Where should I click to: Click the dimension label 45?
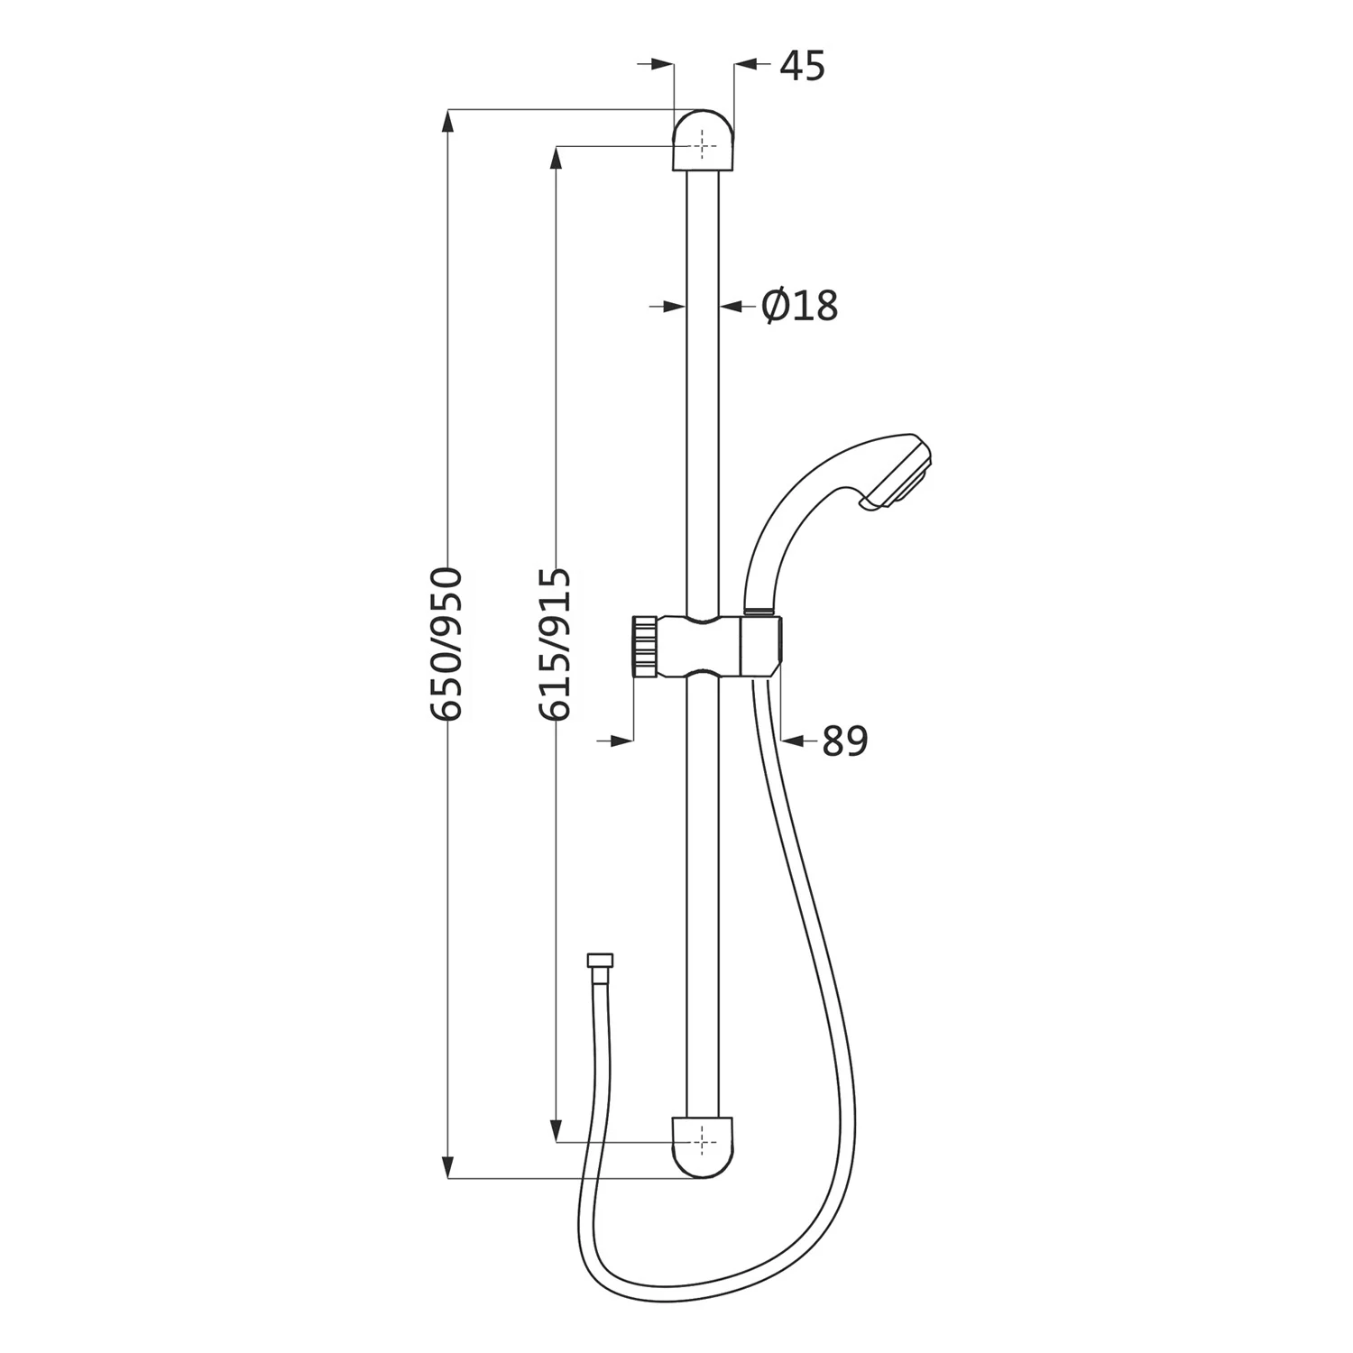pos(802,66)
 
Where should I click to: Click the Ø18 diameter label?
pos(799,306)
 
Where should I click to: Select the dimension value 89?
pos(844,741)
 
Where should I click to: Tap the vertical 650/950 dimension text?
pos(446,643)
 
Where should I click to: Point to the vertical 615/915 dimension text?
pos(553,643)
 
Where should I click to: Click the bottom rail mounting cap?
pos(704,1147)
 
